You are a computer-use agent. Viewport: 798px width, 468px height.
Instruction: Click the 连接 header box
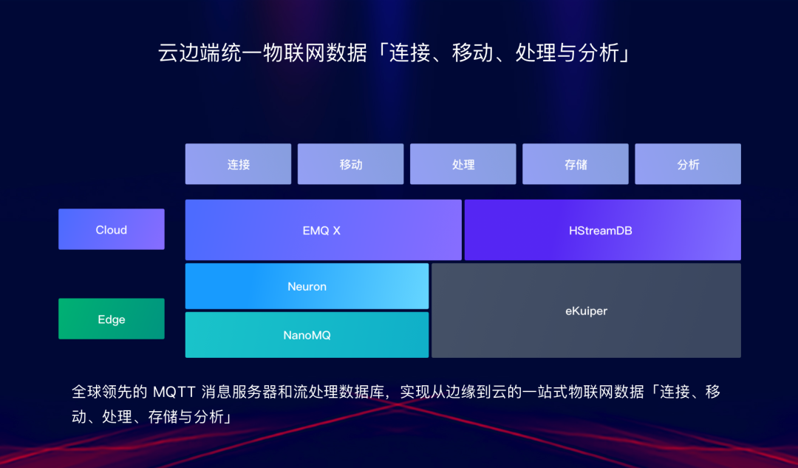(x=238, y=164)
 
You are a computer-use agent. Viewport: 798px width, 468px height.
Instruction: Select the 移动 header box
(x=351, y=164)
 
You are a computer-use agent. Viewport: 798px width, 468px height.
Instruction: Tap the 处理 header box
(x=463, y=164)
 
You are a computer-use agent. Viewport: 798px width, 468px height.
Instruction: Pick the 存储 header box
(x=576, y=164)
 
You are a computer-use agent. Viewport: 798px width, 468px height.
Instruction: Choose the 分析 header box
(x=688, y=164)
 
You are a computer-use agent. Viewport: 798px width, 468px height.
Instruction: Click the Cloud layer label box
(x=112, y=229)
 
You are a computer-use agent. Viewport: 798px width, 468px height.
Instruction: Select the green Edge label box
(x=112, y=319)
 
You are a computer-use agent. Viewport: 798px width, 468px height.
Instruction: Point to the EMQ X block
(x=323, y=230)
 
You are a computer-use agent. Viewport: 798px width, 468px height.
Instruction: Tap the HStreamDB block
(x=602, y=230)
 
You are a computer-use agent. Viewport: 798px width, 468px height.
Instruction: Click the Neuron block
(x=307, y=286)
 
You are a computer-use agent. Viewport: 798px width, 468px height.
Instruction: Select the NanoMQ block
(x=307, y=335)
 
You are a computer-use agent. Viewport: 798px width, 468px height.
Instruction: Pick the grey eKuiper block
(x=586, y=311)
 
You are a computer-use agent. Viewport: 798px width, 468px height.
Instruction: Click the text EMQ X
(x=322, y=230)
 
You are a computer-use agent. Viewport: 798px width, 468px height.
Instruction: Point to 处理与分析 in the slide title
(x=567, y=53)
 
